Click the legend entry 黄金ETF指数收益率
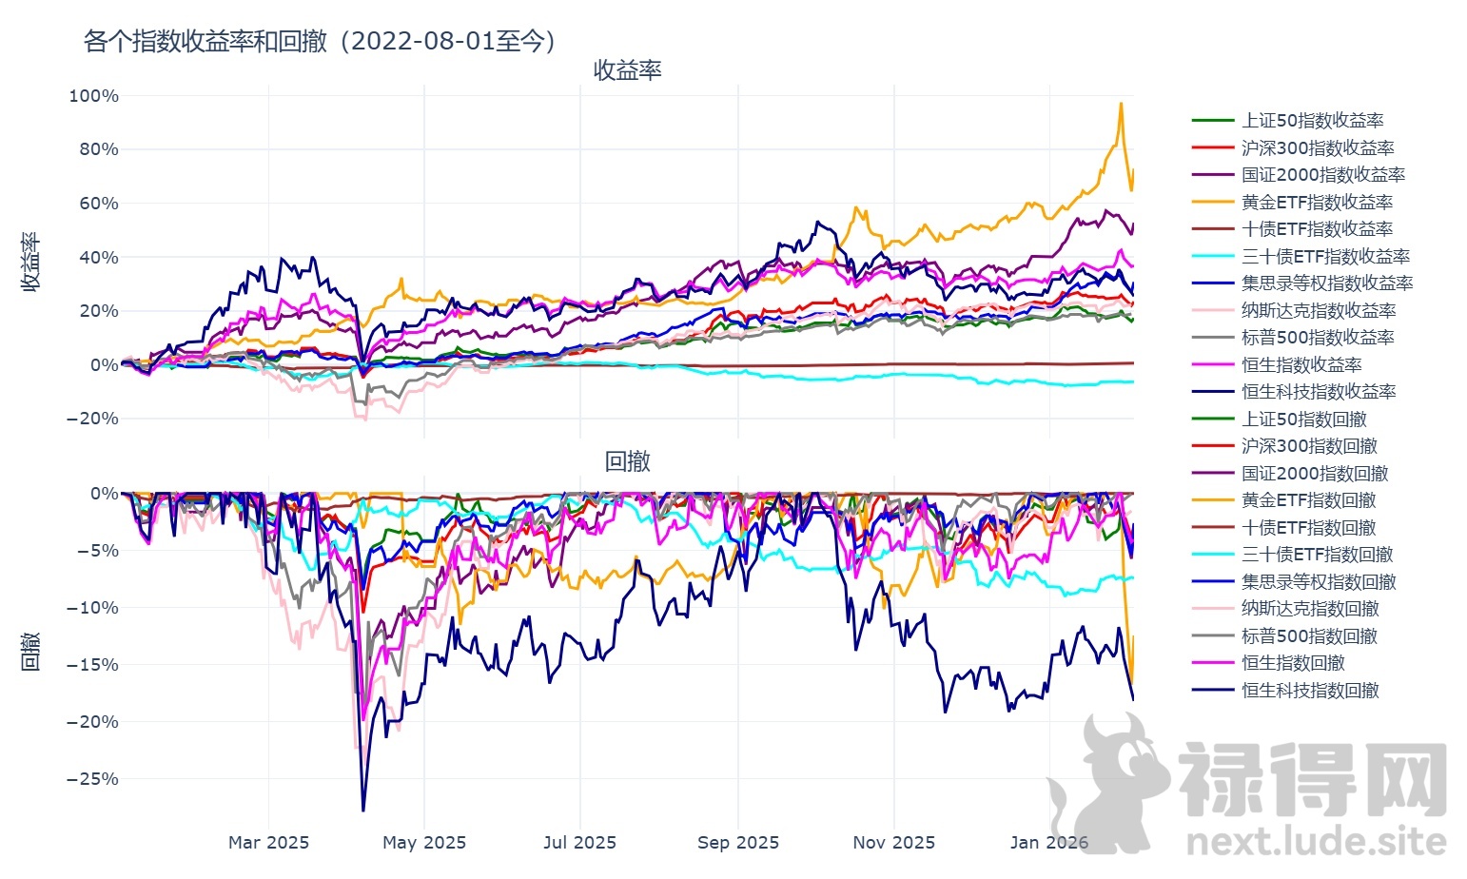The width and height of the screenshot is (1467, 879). pyautogui.click(x=1317, y=202)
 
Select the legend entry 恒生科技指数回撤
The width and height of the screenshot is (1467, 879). pyautogui.click(x=1310, y=691)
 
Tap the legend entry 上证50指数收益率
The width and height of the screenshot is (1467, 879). pyautogui.click(x=1312, y=121)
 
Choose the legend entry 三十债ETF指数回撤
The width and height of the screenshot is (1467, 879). pyautogui.click(x=1317, y=555)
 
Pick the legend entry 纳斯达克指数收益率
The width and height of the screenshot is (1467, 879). pyautogui.click(x=1319, y=311)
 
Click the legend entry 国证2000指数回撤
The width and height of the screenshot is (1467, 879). pyautogui.click(x=1315, y=474)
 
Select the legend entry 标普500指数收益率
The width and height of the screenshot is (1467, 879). pyautogui.click(x=1318, y=338)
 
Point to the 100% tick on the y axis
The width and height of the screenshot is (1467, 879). pyautogui.click(x=94, y=96)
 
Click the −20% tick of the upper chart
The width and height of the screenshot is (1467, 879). pyautogui.click(x=93, y=419)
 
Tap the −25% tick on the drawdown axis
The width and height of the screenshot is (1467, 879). pyautogui.click(x=93, y=779)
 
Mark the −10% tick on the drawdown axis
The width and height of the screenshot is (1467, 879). pyautogui.click(x=93, y=608)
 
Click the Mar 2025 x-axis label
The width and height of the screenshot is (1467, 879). pyautogui.click(x=268, y=843)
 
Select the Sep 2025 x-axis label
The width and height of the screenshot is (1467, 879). pyautogui.click(x=738, y=843)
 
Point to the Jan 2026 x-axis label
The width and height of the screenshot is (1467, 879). pyautogui.click(x=1049, y=843)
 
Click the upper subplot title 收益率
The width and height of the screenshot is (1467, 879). pyautogui.click(x=627, y=70)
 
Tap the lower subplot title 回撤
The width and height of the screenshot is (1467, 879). pyautogui.click(x=627, y=461)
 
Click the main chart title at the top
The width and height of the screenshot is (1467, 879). pyautogui.click(x=320, y=41)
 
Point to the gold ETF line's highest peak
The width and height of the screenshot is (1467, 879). pyautogui.click(x=1121, y=103)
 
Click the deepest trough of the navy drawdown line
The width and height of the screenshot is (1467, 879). pyautogui.click(x=363, y=811)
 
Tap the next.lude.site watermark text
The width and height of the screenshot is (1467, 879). pyautogui.click(x=1317, y=842)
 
